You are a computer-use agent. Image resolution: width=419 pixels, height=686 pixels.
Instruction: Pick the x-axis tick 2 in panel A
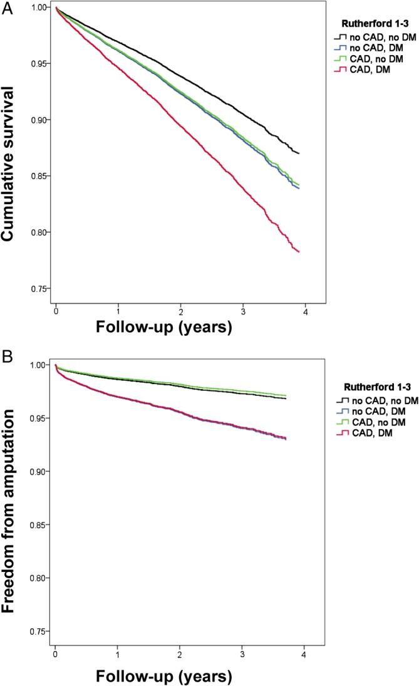pyautogui.click(x=180, y=311)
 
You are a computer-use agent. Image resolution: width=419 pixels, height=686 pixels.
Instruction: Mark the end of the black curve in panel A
pyautogui.click(x=299, y=153)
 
